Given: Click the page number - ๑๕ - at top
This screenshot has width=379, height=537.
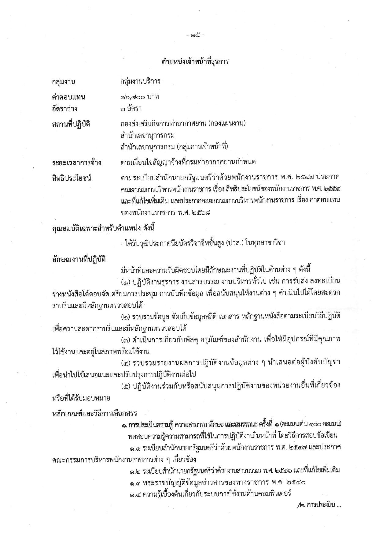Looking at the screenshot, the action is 195,35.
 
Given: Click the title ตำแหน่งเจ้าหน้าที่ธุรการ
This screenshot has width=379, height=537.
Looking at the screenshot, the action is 195,62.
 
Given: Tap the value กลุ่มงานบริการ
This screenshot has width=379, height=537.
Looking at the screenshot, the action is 140,81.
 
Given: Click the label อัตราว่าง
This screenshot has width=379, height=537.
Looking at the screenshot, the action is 64,109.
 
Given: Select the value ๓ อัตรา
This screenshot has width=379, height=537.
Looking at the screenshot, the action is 131,108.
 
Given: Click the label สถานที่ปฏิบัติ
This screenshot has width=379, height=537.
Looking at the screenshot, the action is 71,124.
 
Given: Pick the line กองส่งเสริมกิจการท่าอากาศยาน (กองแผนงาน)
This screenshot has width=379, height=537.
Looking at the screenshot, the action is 183,124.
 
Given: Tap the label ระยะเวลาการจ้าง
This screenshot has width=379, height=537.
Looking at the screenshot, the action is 76,163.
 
